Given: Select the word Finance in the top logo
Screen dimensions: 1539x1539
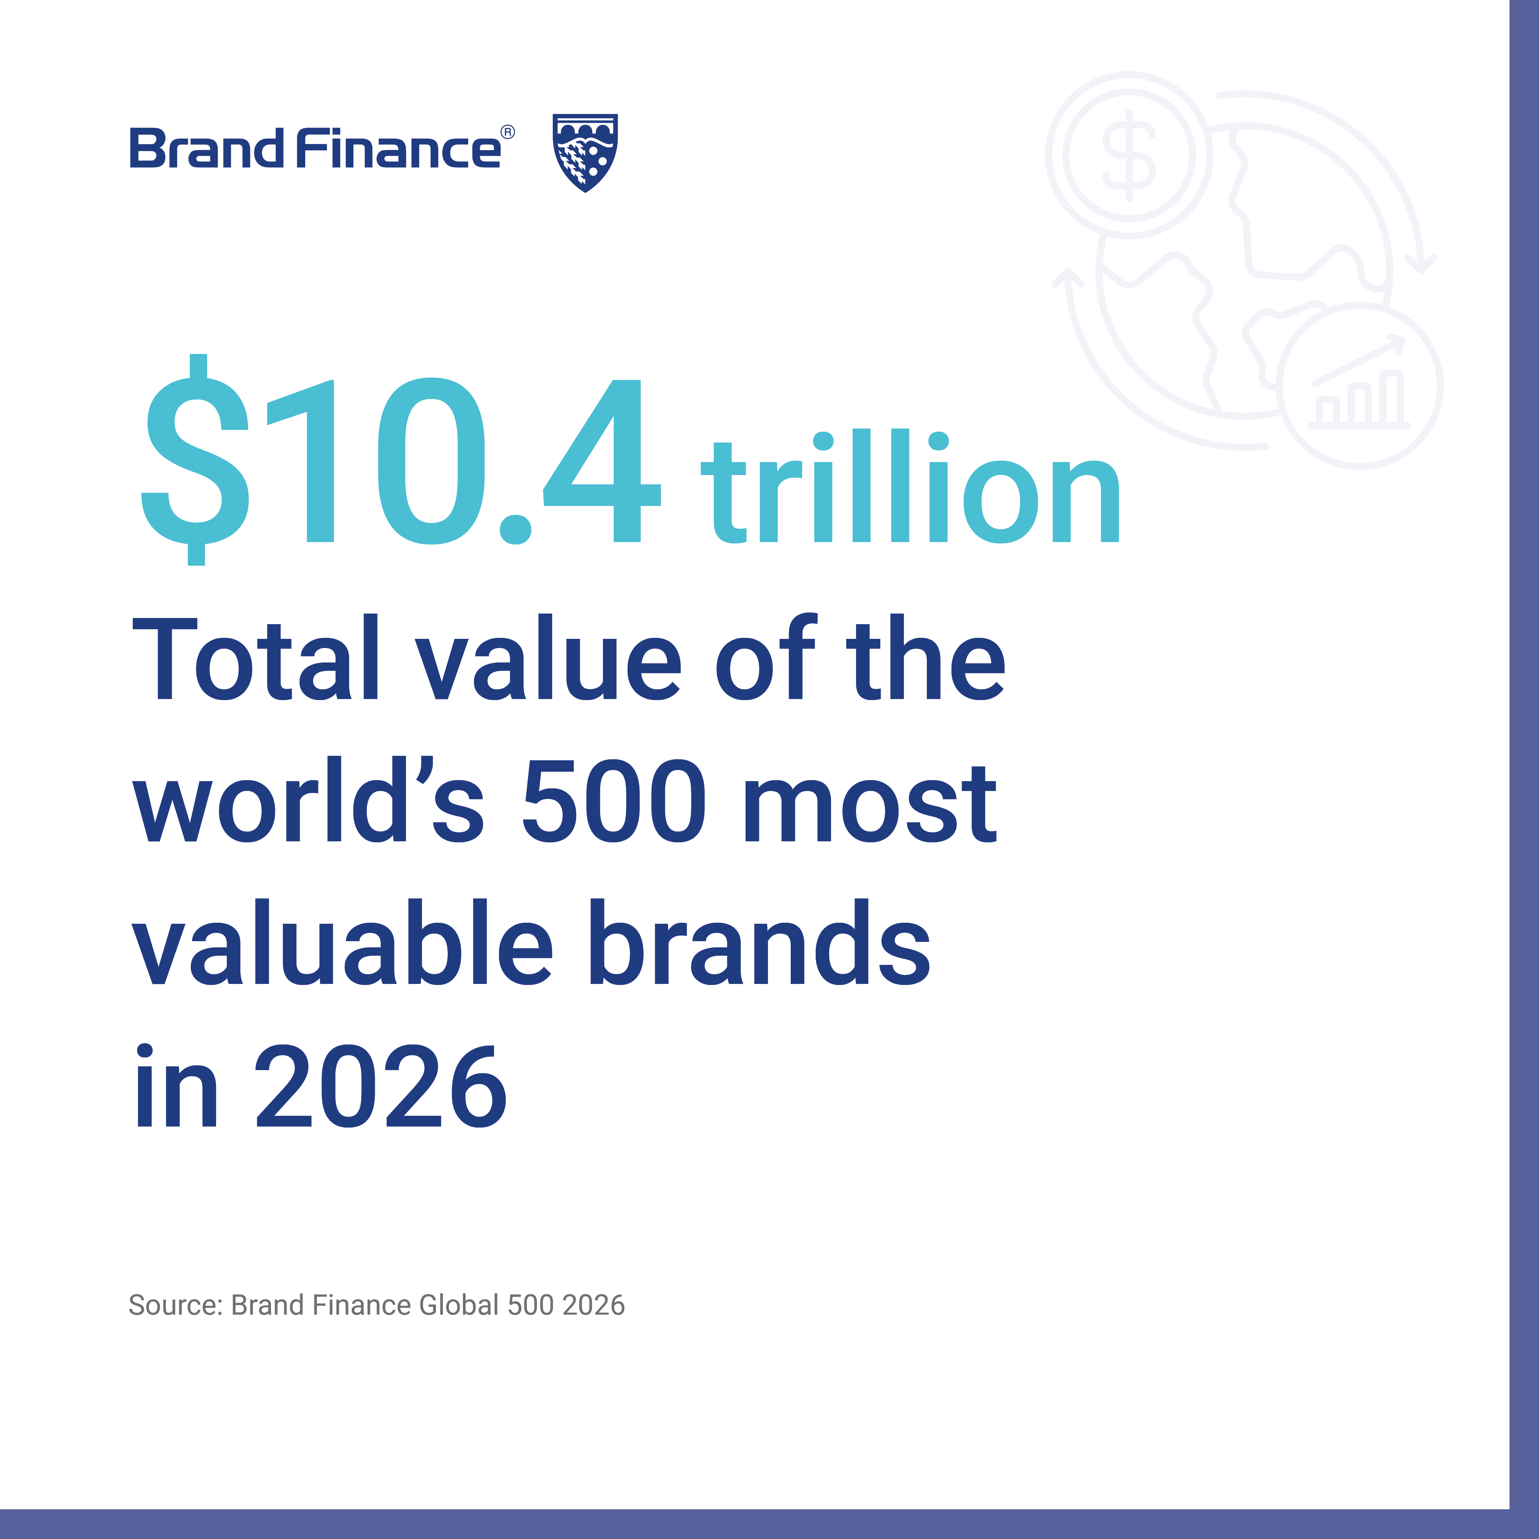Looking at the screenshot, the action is point(398,149).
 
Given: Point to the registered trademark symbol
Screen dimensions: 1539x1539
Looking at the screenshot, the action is point(508,132).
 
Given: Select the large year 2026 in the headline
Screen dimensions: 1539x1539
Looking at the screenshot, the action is point(381,1087).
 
